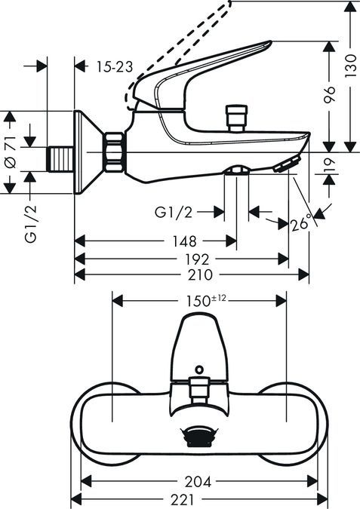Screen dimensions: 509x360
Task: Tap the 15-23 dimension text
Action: coord(115,67)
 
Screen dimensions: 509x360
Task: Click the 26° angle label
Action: coord(300,223)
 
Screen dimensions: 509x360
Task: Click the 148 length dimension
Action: coord(184,241)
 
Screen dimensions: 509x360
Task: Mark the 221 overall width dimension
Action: coord(199,499)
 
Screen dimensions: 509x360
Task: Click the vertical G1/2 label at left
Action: coord(30,224)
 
